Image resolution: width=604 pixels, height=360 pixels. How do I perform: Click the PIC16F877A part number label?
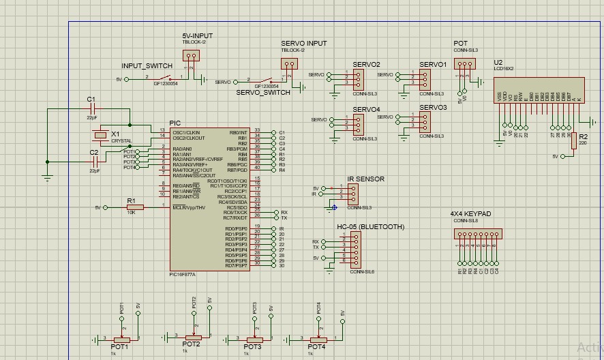tap(182, 275)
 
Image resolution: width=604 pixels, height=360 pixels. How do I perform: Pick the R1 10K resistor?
tap(135, 207)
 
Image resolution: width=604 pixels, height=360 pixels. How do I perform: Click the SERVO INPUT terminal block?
tap(290, 65)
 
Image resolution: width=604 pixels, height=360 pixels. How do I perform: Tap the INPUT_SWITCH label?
tap(147, 65)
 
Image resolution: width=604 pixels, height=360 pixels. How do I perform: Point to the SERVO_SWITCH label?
tap(263, 92)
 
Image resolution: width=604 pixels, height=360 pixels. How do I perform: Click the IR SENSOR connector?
tap(352, 194)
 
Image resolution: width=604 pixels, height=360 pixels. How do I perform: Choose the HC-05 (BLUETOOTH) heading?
tap(370, 226)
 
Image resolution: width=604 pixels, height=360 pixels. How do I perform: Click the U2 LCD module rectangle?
tap(539, 91)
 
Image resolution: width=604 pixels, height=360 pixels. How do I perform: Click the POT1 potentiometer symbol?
tap(122, 338)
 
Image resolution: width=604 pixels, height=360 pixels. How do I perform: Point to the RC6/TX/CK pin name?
tap(235, 213)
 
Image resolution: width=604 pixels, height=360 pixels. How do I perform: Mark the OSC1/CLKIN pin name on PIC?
tap(186, 132)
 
